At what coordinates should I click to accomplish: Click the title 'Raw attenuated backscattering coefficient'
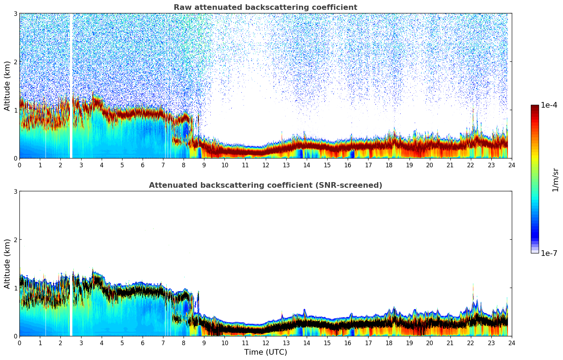pos(265,7)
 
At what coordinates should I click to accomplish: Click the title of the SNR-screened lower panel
pos(265,185)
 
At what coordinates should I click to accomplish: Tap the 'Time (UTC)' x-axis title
pos(265,352)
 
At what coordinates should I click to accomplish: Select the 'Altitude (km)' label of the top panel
pos(7,86)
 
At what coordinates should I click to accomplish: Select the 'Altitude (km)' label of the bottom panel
pos(7,264)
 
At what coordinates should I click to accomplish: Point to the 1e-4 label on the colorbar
pos(549,105)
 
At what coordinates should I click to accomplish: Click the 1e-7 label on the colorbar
pos(549,253)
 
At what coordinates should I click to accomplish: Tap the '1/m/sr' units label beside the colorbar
pos(555,179)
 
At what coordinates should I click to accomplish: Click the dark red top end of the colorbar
pos(535,107)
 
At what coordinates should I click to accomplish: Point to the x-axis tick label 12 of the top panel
pos(265,165)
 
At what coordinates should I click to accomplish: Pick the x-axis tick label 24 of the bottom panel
pos(512,343)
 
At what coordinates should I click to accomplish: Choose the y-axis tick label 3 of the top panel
pos(15,13)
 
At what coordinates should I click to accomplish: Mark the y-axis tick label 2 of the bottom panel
pos(15,240)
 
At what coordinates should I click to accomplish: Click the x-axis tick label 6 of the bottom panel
pos(143,343)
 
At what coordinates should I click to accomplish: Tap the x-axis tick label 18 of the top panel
pos(389,165)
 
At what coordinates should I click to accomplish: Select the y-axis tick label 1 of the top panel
pos(15,110)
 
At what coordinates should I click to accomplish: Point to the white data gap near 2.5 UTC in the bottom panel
pos(71,300)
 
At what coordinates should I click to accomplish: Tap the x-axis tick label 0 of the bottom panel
pos(19,343)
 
